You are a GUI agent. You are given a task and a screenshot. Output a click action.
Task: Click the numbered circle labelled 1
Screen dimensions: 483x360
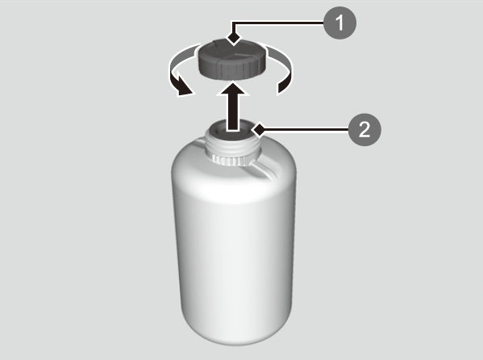pos(339,23)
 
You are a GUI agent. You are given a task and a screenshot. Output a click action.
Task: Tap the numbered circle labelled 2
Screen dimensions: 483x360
pos(364,130)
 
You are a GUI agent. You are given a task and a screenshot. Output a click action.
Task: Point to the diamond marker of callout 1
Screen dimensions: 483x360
pos(234,39)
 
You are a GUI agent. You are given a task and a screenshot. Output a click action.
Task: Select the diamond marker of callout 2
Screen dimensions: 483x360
pos(260,130)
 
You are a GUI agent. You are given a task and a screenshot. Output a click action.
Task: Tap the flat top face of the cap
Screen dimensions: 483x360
pos(231,51)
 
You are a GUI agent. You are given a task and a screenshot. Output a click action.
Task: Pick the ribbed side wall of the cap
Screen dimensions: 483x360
pos(231,69)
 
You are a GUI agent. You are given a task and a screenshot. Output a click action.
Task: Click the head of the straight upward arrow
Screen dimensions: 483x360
pos(233,88)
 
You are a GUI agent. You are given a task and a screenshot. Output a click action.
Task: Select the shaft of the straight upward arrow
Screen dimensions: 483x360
pos(233,112)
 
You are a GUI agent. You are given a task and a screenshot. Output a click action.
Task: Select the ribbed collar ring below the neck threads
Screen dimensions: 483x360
pos(231,160)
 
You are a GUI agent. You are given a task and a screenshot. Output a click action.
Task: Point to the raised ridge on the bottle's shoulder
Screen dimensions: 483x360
pos(265,169)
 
